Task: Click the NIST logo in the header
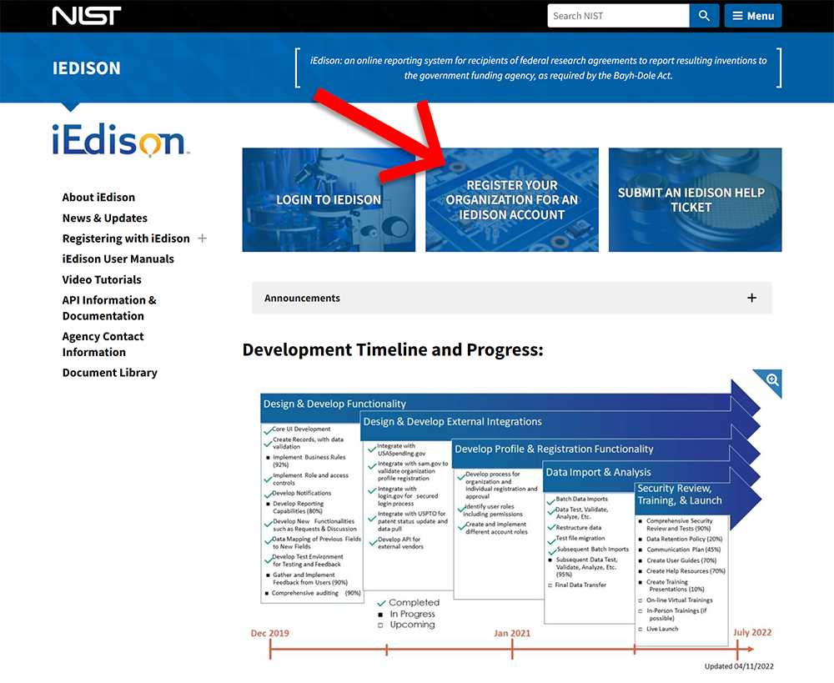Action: click(87, 16)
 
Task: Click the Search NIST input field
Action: click(618, 16)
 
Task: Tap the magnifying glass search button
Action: click(705, 16)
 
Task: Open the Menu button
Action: click(753, 16)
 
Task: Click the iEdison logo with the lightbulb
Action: click(118, 141)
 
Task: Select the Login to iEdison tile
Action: click(329, 200)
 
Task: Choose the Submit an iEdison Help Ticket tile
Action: click(695, 200)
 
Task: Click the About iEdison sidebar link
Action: click(98, 198)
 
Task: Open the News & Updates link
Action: click(104, 218)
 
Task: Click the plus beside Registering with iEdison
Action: click(202, 239)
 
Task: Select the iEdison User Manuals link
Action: click(118, 259)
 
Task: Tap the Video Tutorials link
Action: click(102, 280)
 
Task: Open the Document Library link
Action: click(109, 373)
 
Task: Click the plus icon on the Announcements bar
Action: click(751, 298)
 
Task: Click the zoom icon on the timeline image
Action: click(773, 380)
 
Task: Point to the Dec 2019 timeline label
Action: click(270, 633)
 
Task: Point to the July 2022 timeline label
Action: click(752, 633)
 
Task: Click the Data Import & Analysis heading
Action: click(598, 472)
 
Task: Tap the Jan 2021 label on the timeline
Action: click(512, 633)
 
